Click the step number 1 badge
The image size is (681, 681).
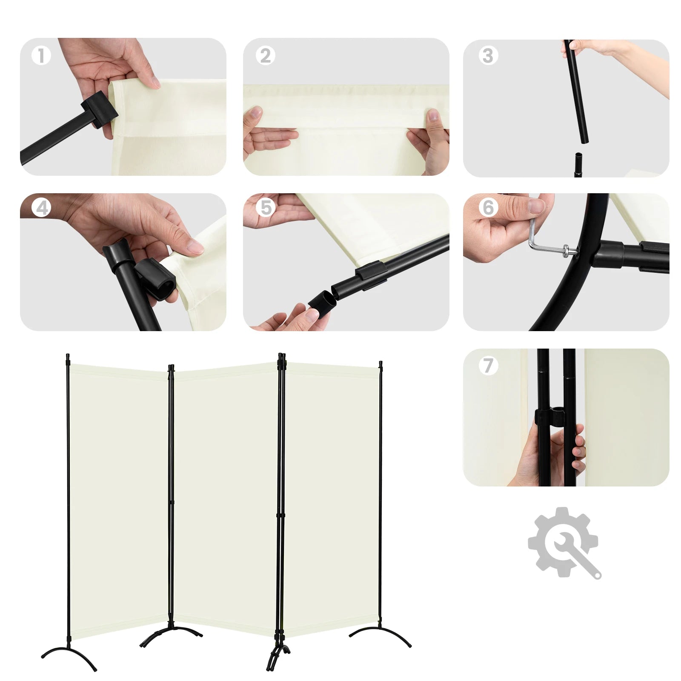[41, 56]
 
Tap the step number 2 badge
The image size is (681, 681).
[265, 56]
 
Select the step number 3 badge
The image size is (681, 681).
[488, 56]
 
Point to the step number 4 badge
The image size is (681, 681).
[42, 208]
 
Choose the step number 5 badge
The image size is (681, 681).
[266, 208]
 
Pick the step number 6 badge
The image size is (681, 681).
[488, 208]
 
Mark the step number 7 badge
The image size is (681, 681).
[488, 365]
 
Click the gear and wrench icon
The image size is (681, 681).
[564, 543]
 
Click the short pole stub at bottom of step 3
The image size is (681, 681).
[578, 165]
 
